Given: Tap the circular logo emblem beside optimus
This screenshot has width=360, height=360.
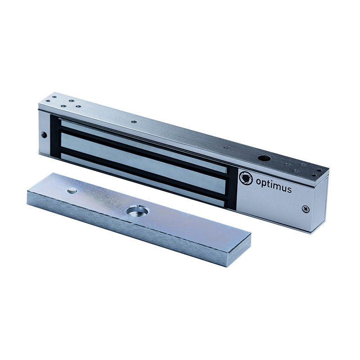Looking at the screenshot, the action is (246, 178).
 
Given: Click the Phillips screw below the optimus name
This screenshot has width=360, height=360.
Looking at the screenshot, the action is (306, 209).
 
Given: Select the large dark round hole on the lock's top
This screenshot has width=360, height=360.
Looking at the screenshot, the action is (264, 158).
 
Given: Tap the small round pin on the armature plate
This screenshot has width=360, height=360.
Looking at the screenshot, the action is (72, 190).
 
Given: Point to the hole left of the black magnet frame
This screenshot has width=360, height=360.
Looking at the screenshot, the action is (44, 135).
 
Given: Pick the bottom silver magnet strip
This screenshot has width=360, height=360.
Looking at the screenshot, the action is (142, 180).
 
